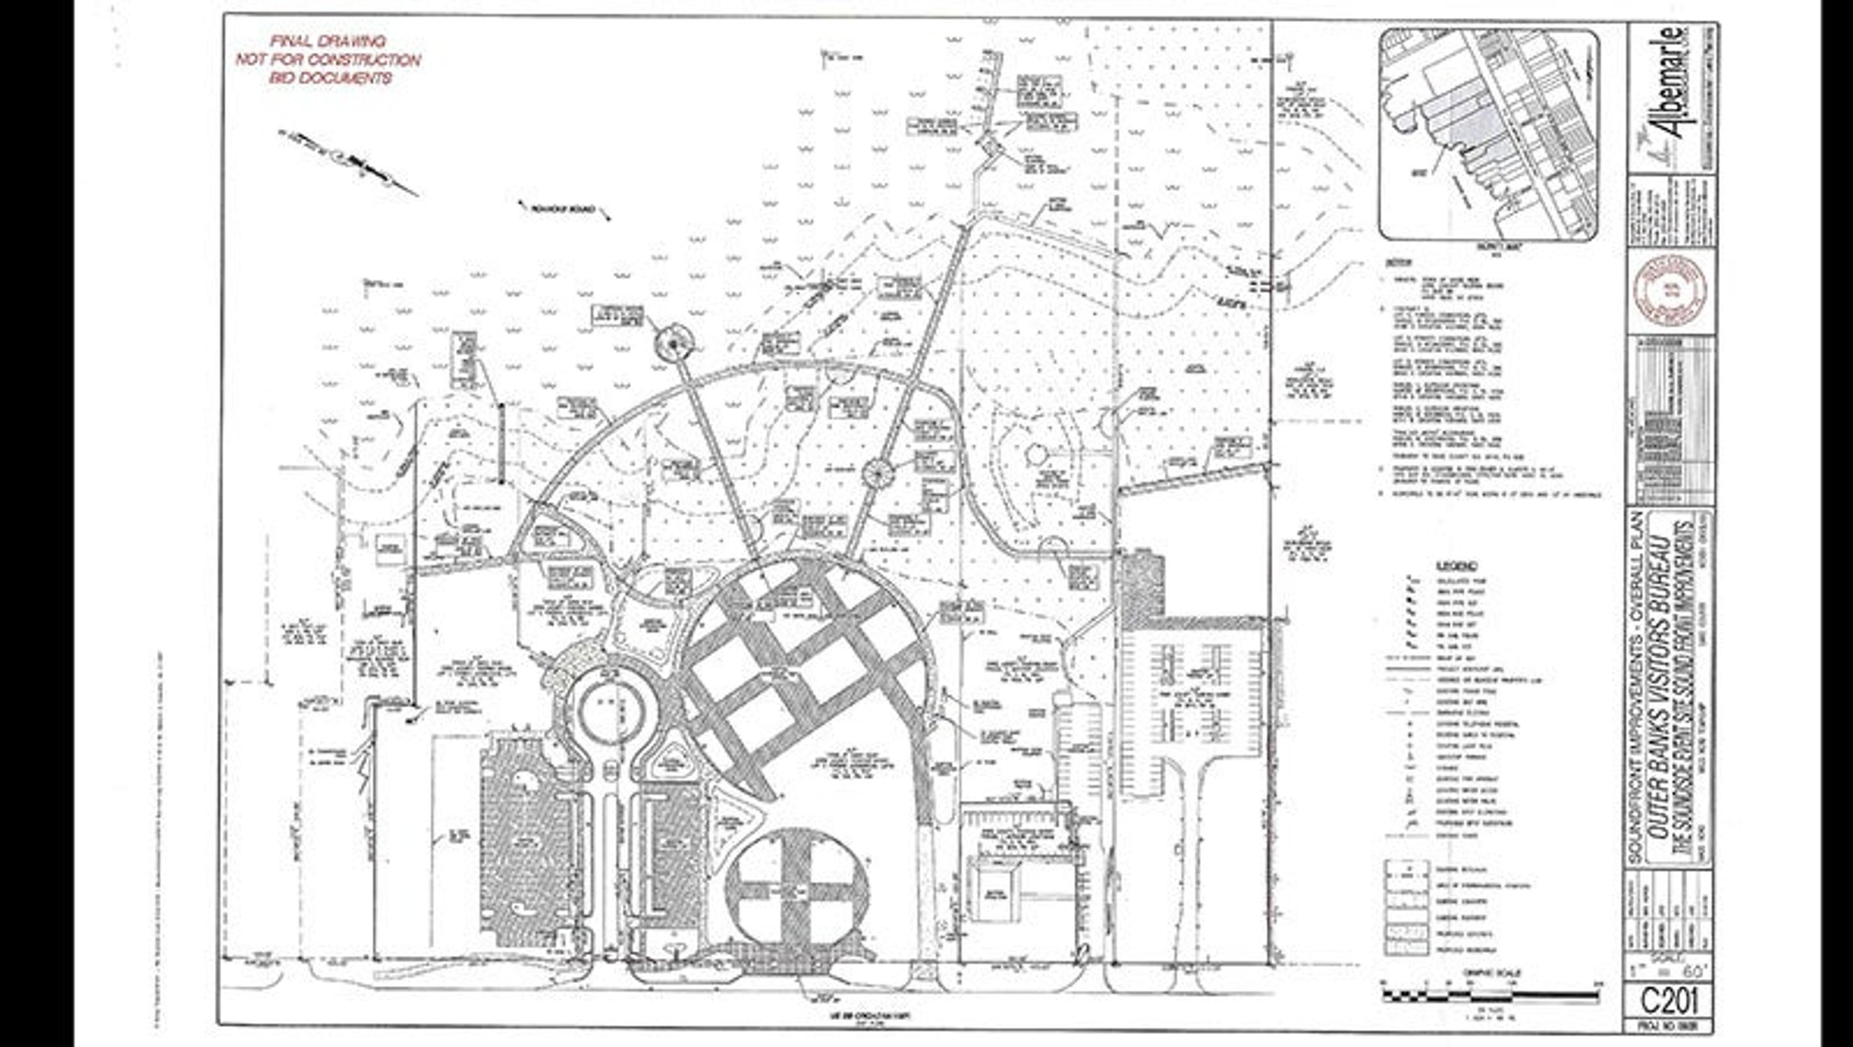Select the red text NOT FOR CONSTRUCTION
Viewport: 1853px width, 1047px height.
coord(328,60)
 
